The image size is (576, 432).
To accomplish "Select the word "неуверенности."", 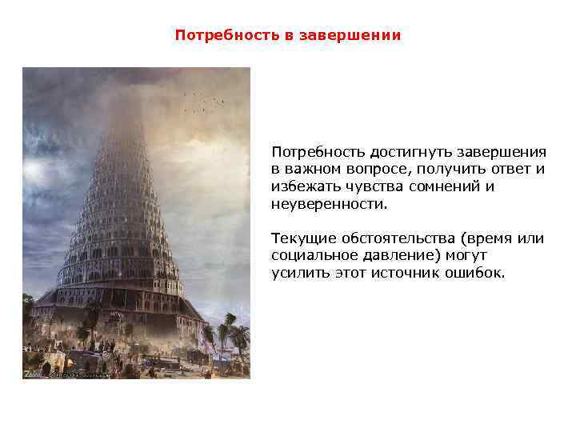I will (329, 204).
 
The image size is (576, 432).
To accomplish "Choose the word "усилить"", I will (296, 274).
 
